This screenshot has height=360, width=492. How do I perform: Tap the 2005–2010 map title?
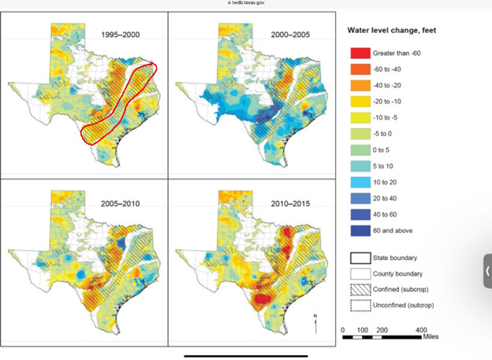coord(120,203)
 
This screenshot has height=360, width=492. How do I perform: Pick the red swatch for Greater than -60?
coord(359,53)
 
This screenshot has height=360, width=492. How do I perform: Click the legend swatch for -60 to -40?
coord(359,69)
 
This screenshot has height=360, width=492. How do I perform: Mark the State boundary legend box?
coord(359,258)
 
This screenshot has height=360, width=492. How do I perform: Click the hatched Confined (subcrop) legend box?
coord(359,290)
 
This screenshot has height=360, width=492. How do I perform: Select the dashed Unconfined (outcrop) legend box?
coord(359,306)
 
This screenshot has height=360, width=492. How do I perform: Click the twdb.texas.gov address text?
coord(248,3)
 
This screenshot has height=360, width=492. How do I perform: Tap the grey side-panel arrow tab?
coord(487,270)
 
